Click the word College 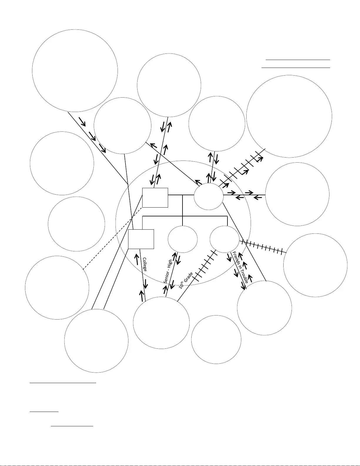coord(145,264)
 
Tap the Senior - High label coord(168,271)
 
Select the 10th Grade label coord(186,280)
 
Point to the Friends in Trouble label coord(240,267)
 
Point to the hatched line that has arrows coord(242,168)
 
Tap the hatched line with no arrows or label coord(263,247)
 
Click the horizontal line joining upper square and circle coord(181,195)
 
